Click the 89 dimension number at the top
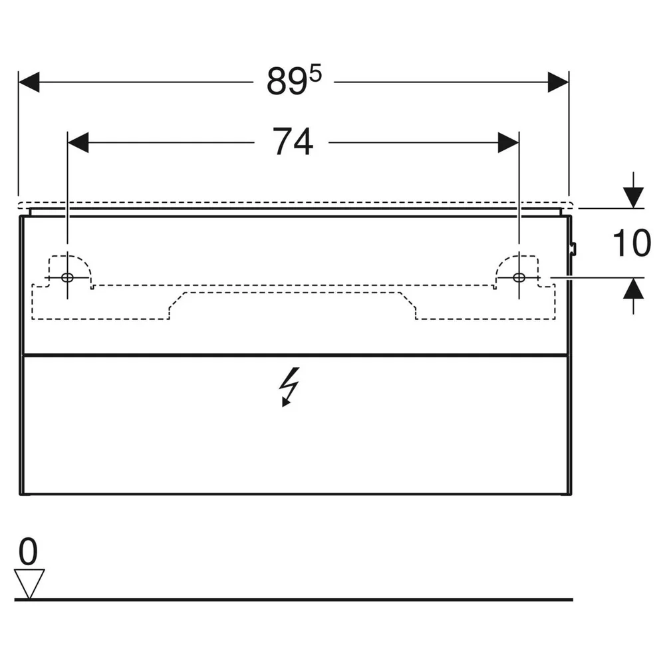[x=287, y=82]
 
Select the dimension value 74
[x=293, y=142]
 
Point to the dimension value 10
[x=632, y=243]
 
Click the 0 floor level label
[x=28, y=551]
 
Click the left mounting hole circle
[x=67, y=278]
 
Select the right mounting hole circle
[x=519, y=278]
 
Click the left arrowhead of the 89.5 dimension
[x=29, y=82]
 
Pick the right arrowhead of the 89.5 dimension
[x=558, y=82]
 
